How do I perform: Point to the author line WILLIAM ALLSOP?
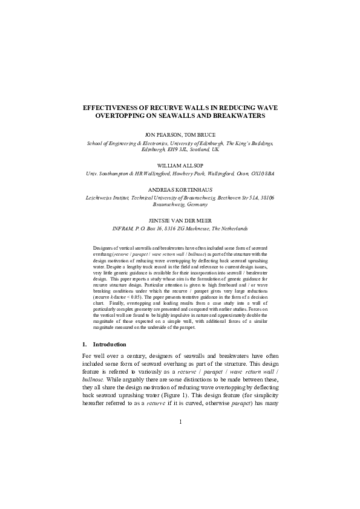click(180, 164)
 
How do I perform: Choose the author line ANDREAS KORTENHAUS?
click(180, 189)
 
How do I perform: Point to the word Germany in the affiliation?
click(205, 205)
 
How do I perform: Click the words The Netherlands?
click(227, 229)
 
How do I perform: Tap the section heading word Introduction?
click(110, 345)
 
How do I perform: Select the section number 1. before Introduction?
click(84, 345)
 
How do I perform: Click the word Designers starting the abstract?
click(103, 248)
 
